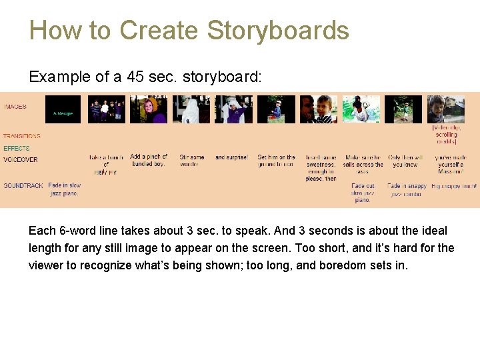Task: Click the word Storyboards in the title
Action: tap(278, 31)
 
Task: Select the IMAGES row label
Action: tap(15, 107)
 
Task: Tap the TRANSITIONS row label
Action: tap(21, 136)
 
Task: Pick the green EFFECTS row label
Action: tap(17, 148)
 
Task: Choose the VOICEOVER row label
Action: tap(21, 160)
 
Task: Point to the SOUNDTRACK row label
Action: tap(23, 186)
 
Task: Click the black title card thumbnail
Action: tap(63, 110)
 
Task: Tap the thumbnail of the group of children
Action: tap(106, 110)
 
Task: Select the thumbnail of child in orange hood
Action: tap(148, 110)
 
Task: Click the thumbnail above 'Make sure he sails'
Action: tap(361, 110)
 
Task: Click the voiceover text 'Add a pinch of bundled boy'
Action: tap(149, 160)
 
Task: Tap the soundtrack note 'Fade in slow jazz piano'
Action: tap(65, 189)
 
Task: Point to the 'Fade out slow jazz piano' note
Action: tap(363, 193)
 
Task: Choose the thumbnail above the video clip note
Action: tap(446, 110)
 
